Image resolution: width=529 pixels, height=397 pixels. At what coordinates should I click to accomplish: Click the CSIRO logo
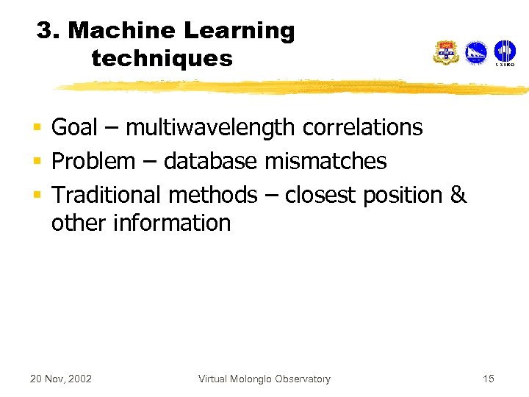[x=505, y=52]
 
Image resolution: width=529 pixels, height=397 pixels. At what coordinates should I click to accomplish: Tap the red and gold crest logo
[x=446, y=52]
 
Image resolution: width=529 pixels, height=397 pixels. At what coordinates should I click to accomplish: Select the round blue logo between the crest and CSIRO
[x=476, y=52]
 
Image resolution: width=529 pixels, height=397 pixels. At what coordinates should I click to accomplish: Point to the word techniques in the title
[x=162, y=58]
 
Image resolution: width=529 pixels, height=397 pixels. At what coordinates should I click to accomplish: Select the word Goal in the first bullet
[x=74, y=128]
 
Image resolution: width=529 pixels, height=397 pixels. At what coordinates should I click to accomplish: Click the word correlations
[x=362, y=128]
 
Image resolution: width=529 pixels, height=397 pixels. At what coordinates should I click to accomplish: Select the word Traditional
[x=107, y=195]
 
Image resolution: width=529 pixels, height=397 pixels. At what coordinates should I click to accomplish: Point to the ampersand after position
[x=458, y=195]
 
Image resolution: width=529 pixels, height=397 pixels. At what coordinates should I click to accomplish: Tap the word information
[x=172, y=222]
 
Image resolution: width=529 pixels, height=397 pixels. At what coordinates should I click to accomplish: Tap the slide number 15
[x=489, y=379]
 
